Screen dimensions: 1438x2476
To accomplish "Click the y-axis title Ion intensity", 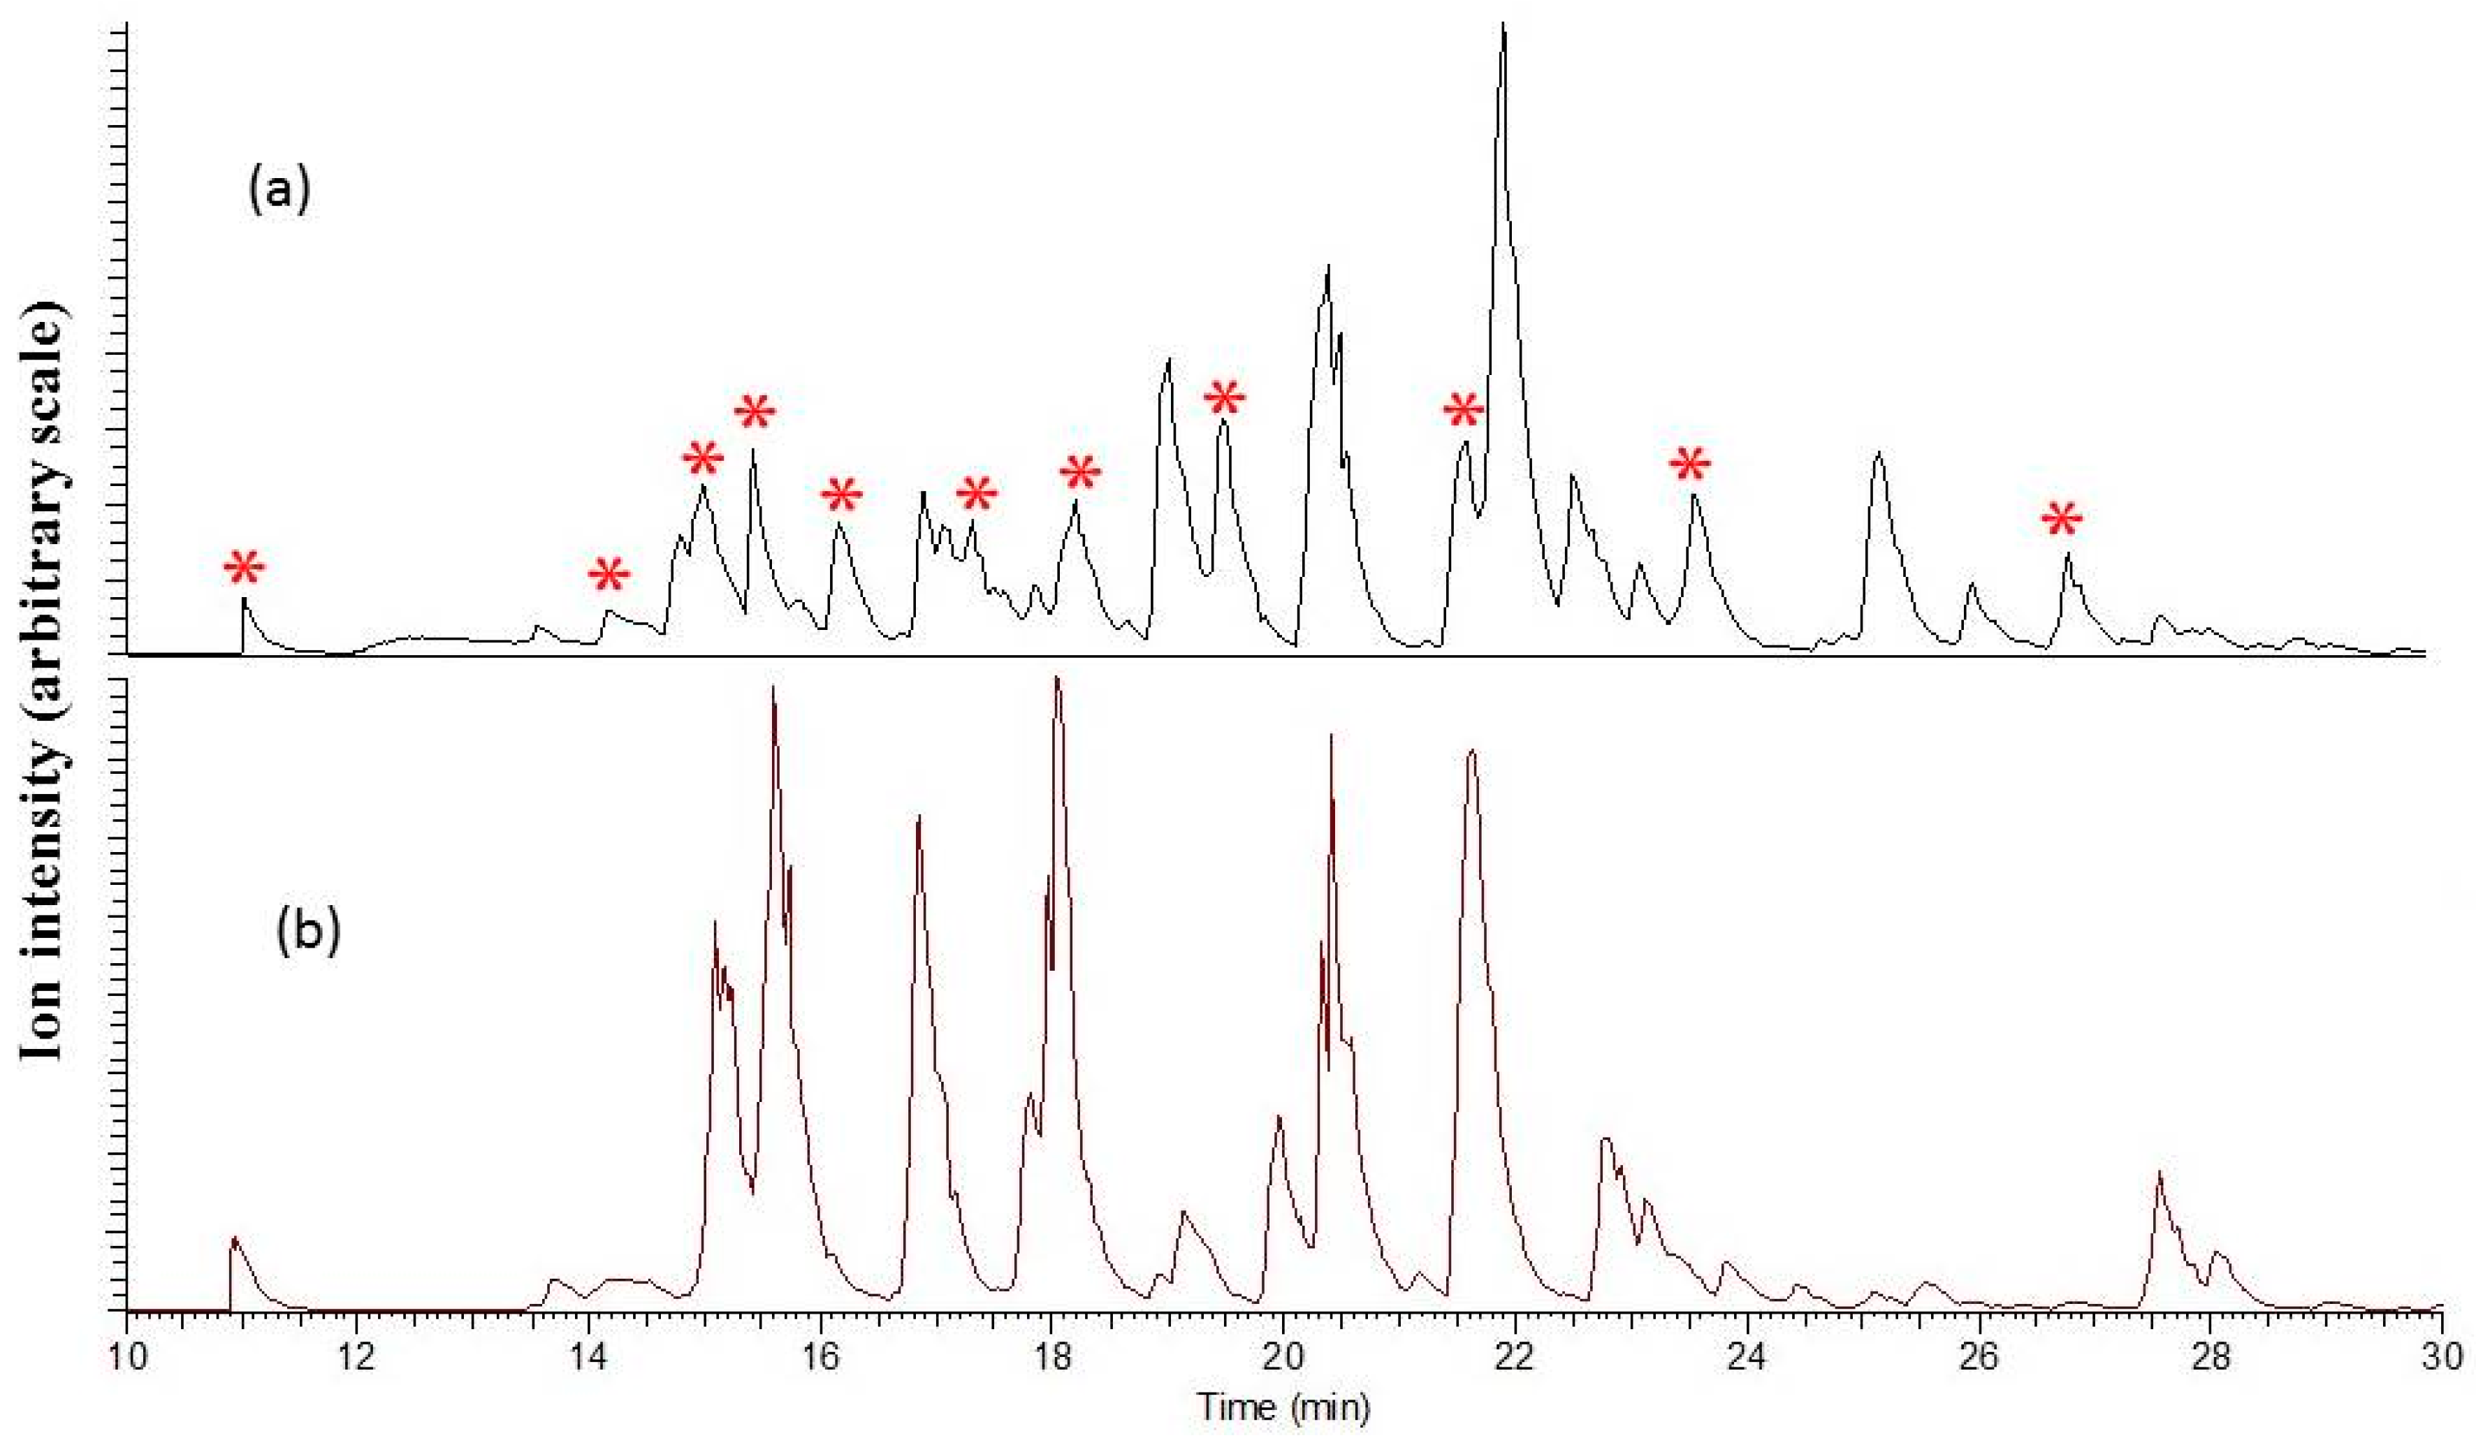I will (44, 687).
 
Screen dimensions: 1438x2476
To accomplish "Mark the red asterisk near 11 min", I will (244, 567).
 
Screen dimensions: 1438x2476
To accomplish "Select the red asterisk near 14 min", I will (609, 575).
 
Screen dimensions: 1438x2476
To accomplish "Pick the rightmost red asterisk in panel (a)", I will (2062, 519).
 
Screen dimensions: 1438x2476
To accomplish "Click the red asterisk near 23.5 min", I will (1690, 464).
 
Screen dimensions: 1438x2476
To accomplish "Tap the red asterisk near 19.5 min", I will (1224, 398).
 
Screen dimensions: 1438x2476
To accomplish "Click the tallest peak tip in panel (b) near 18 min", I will (1057, 677).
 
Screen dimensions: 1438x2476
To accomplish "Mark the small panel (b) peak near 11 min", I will (234, 1238).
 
